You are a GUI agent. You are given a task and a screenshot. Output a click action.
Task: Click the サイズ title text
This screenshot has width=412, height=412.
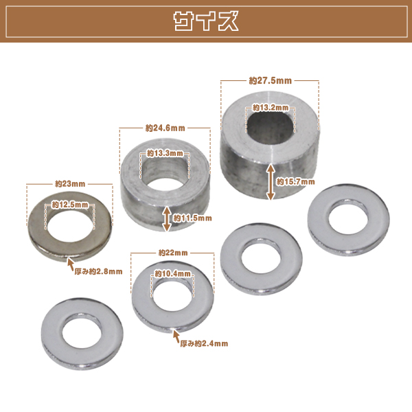pos(206,21)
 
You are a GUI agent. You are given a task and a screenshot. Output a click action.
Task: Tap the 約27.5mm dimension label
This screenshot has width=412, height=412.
pos(271,80)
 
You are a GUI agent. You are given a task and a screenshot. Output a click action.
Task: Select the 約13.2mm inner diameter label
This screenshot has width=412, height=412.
pos(271,108)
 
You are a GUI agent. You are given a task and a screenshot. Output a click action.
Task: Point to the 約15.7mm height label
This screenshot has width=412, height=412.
pos(295,181)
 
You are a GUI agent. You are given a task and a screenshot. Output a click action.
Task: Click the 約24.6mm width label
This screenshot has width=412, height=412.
pos(165,128)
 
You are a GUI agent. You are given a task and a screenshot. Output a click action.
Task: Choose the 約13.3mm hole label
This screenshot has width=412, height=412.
pos(165,153)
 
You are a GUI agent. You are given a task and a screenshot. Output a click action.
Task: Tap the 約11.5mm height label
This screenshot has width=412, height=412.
pos(192,218)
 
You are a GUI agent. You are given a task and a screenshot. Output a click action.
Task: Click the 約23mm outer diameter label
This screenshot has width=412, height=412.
pos(70,184)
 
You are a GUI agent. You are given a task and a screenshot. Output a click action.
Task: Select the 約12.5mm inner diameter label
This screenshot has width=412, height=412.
pos(70,205)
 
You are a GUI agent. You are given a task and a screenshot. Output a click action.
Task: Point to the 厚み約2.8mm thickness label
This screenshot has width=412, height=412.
pos(98,271)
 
